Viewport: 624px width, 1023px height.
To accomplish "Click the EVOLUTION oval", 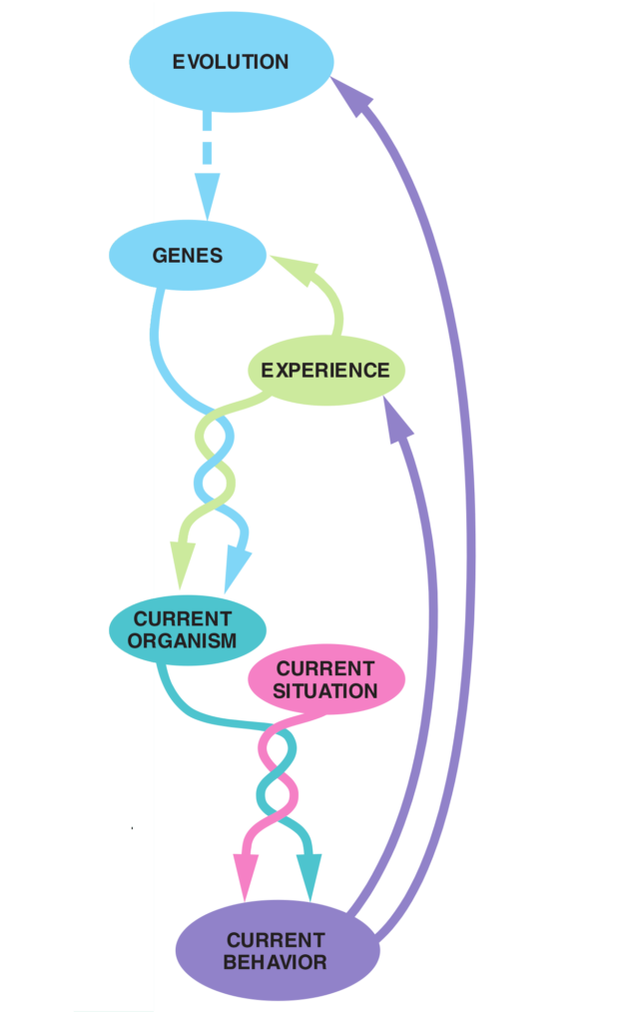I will pos(231,62).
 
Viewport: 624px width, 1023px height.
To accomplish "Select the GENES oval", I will pos(187,256).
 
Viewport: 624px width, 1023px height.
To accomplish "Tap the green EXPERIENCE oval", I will pos(325,371).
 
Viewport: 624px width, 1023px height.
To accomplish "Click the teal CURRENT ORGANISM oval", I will pos(186,629).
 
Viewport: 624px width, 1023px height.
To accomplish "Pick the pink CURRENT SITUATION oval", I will pos(325,679).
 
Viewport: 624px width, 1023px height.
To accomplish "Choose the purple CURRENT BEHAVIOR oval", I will pos(277,951).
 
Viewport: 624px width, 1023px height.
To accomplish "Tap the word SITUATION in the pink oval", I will pos(325,690).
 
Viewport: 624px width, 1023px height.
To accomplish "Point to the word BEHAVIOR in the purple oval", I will pos(276,963).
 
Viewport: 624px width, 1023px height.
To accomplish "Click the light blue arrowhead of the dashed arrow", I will pos(207,195).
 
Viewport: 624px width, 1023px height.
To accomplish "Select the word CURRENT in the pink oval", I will pos(325,668).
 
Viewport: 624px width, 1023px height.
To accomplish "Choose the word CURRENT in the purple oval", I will pos(276,940).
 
